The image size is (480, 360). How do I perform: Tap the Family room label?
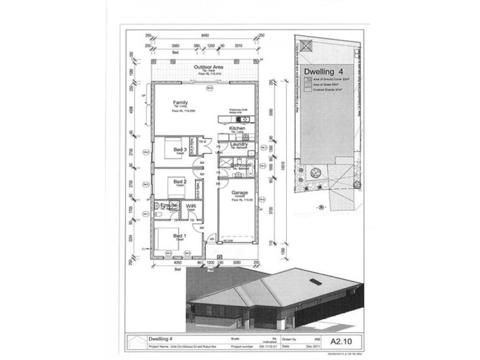[181, 102]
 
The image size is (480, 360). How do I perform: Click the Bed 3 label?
[180, 149]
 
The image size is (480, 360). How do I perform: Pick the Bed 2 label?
[180, 181]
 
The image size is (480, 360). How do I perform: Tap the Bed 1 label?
[180, 235]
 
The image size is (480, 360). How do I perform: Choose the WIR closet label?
[190, 206]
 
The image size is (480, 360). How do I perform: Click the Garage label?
[241, 193]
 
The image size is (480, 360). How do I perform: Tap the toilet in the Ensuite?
[157, 212]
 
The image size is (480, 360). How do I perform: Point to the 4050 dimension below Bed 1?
[177, 263]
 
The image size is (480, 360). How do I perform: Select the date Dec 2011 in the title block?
[304, 346]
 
